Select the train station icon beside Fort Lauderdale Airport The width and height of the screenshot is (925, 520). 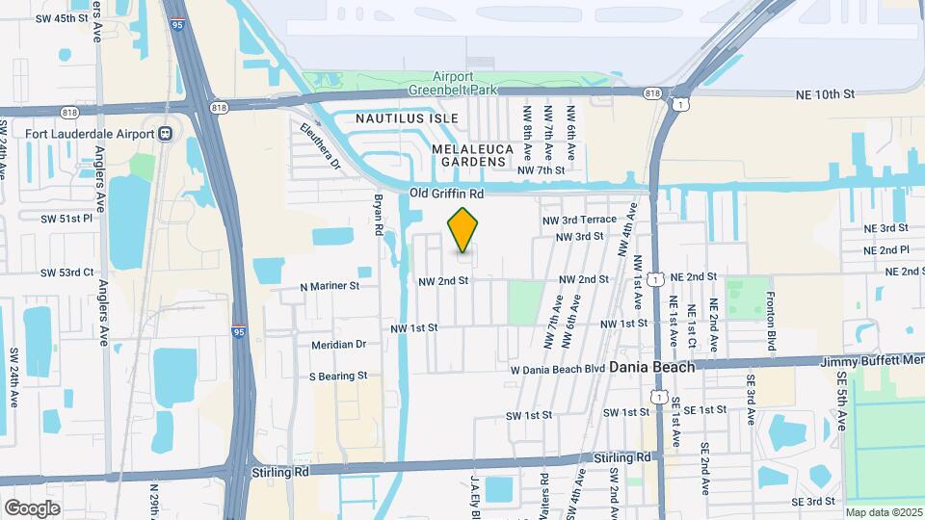(165, 134)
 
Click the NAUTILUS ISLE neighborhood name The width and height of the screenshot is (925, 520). (393, 117)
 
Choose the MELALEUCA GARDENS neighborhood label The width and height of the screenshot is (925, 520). (469, 156)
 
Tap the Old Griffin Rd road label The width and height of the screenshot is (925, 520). (446, 194)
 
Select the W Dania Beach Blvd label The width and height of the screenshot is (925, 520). (557, 369)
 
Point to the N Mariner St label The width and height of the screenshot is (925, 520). (330, 286)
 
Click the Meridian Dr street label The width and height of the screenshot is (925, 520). (339, 344)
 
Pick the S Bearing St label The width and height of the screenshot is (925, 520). (338, 376)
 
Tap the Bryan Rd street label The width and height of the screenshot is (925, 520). (379, 216)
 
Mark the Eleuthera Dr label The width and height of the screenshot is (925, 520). (320, 145)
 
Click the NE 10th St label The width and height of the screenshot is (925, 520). (826, 94)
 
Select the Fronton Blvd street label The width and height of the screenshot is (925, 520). (771, 321)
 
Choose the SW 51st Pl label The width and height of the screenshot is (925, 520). (66, 219)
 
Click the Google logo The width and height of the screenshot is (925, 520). (32, 507)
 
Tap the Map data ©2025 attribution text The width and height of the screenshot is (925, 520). (883, 512)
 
